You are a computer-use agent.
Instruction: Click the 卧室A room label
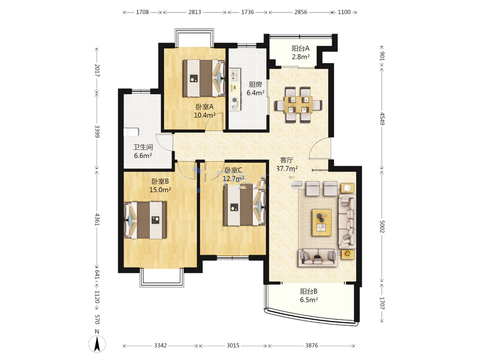(205, 107)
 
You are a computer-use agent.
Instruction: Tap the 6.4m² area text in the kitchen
(256, 93)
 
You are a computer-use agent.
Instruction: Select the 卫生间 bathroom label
(143, 147)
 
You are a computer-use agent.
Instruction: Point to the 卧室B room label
(160, 182)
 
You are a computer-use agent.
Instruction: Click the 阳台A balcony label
(301, 49)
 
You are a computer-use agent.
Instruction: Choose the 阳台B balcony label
(308, 292)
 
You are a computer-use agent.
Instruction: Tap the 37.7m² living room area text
(287, 169)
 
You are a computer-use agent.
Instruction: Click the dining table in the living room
(298, 105)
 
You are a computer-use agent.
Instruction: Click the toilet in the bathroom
(131, 132)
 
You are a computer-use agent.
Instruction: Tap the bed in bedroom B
(145, 220)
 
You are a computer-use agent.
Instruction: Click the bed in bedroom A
(204, 78)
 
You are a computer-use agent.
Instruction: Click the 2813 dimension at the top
(194, 12)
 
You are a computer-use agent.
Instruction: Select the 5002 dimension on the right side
(382, 226)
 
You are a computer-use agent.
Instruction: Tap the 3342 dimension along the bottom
(160, 346)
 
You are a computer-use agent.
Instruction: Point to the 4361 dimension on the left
(97, 220)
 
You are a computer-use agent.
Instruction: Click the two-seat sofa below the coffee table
(318, 258)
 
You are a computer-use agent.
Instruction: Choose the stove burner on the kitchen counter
(235, 100)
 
